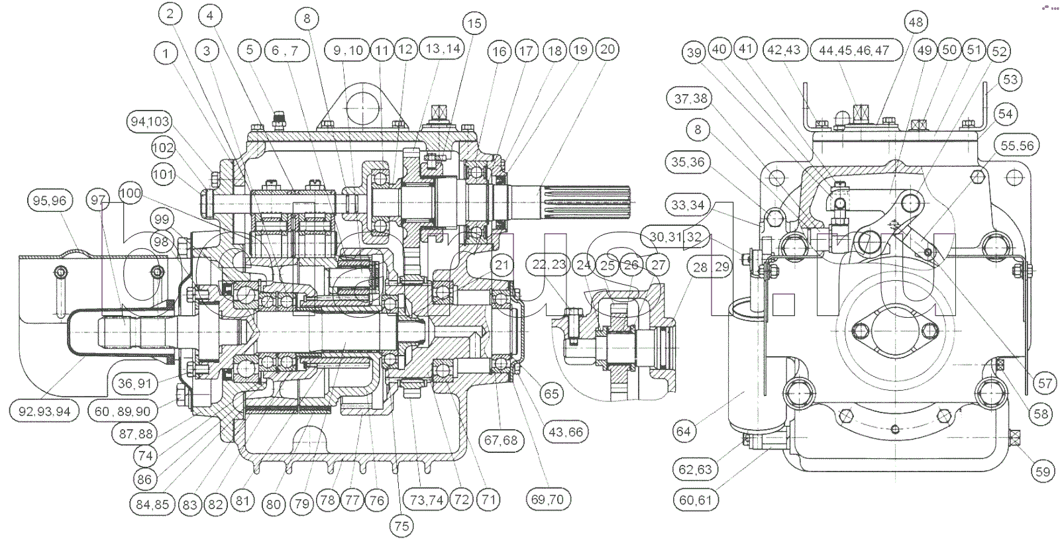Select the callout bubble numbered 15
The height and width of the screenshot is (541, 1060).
click(x=474, y=24)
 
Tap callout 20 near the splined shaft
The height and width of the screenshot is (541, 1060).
click(x=607, y=49)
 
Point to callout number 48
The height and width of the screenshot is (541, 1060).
click(x=916, y=23)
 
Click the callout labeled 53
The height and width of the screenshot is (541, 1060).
click(x=1010, y=79)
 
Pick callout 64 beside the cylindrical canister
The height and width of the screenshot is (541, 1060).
click(x=683, y=432)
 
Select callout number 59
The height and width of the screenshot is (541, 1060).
click(x=1043, y=471)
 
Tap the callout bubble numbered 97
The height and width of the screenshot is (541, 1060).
click(x=99, y=199)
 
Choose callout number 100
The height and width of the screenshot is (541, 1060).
click(x=131, y=193)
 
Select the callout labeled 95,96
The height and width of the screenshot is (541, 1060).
click(x=50, y=200)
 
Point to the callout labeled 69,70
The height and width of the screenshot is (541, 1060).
click(x=547, y=499)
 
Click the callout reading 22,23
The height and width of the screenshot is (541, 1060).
click(x=549, y=265)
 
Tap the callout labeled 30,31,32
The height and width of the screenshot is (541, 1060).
click(x=675, y=237)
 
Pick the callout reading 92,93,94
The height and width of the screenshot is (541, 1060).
click(x=44, y=411)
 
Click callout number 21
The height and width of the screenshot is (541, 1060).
click(x=502, y=266)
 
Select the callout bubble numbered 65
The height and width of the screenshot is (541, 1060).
click(x=551, y=393)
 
